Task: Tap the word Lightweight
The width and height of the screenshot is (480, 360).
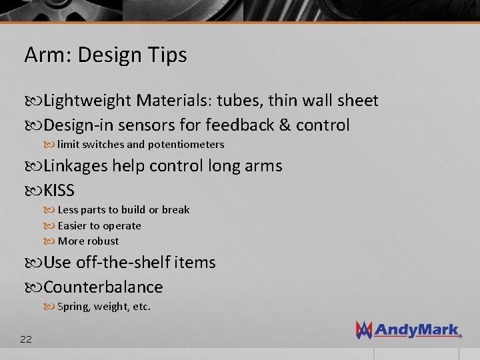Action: pyautogui.click(x=87, y=101)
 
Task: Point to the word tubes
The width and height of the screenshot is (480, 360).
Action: pyautogui.click(x=239, y=101)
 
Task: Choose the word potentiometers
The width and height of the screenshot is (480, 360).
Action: pyautogui.click(x=186, y=144)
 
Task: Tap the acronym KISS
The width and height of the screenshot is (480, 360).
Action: pyautogui.click(x=59, y=191)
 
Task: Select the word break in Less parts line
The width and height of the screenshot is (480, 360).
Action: pyautogui.click(x=175, y=209)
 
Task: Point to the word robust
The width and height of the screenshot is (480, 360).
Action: pyautogui.click(x=103, y=241)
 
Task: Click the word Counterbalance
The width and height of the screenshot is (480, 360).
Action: pyautogui.click(x=103, y=287)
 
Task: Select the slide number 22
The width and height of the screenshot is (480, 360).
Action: pyautogui.click(x=26, y=339)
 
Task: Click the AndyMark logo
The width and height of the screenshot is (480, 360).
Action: pyautogui.click(x=408, y=329)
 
